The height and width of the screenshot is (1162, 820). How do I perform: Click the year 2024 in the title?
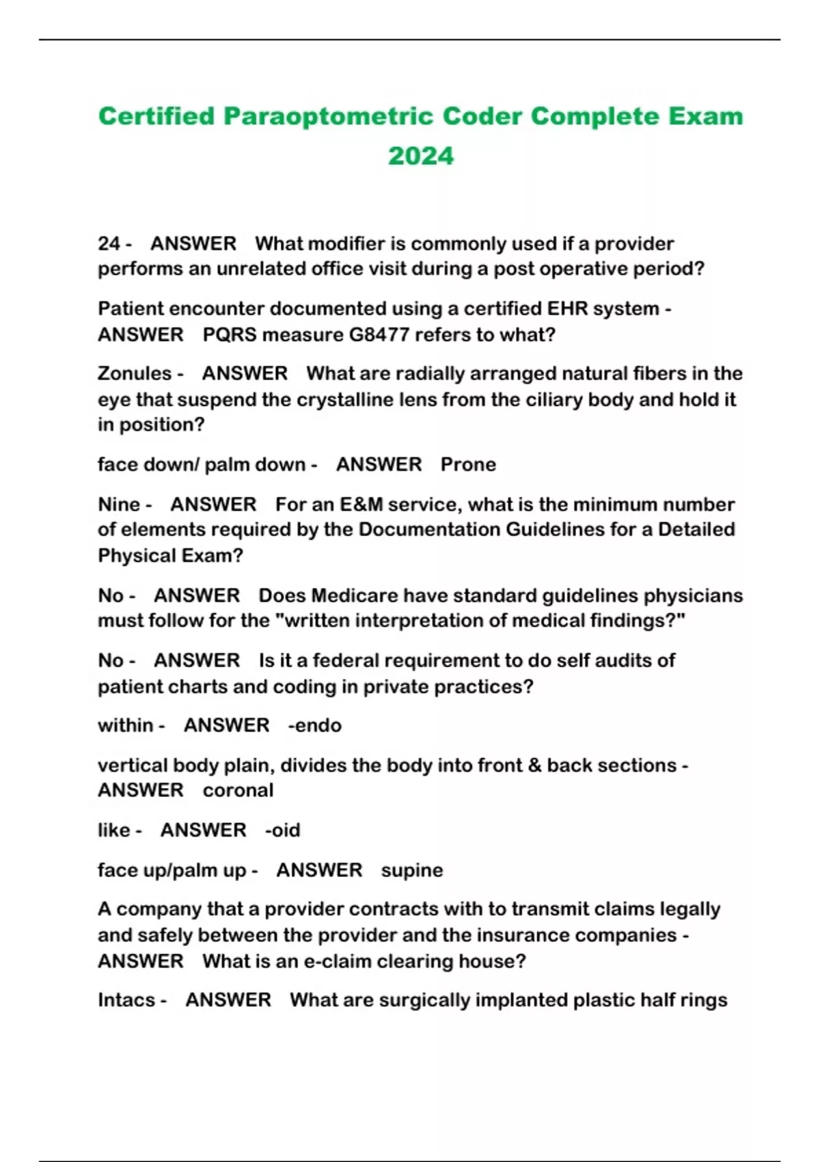point(420,156)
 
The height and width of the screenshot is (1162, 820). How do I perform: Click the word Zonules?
point(135,374)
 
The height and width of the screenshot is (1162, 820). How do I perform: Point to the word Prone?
point(468,465)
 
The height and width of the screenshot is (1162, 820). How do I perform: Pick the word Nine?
point(119,504)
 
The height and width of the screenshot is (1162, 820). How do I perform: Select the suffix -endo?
point(315,725)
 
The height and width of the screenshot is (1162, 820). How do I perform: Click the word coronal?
point(238,790)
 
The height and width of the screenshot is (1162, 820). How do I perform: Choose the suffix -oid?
point(283,830)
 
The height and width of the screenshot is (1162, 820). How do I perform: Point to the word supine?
point(412,870)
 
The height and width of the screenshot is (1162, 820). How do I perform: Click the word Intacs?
point(126,1000)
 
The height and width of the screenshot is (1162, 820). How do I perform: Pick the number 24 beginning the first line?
point(109,244)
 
